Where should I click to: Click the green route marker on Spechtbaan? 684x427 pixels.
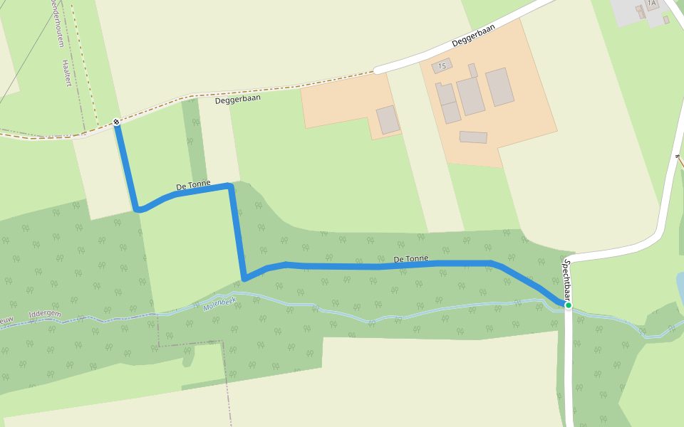tap(569, 305)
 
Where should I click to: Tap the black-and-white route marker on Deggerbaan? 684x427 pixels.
tap(116, 122)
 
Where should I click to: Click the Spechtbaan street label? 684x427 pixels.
tap(567, 280)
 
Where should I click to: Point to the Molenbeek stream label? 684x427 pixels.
tap(219, 304)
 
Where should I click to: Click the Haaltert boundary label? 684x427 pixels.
tap(67, 73)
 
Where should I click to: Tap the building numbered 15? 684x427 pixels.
tap(442, 66)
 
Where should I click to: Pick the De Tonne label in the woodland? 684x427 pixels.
tap(410, 259)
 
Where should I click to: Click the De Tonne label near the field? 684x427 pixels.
tap(193, 186)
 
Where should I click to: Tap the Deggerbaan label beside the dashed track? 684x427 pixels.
tap(238, 100)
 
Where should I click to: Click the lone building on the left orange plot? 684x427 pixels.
tap(388, 120)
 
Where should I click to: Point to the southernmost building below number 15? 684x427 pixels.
tap(473, 137)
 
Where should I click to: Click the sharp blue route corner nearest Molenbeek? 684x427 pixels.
tap(244, 278)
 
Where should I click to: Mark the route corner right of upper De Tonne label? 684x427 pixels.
tap(229, 186)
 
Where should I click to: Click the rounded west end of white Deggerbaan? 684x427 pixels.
tap(378, 70)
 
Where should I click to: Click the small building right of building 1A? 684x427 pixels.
tap(666, 20)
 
